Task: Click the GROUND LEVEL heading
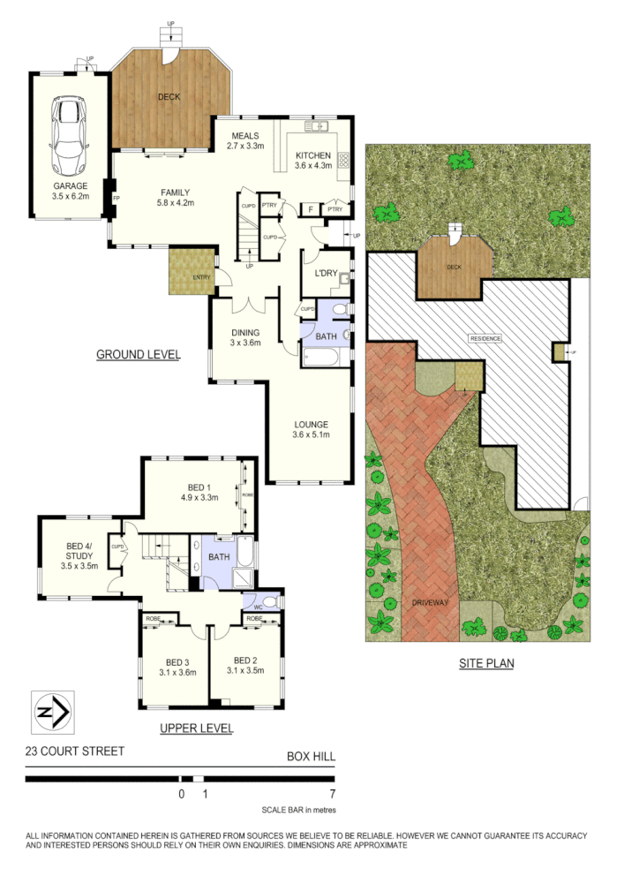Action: pos(138,355)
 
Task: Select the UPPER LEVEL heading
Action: pos(196,728)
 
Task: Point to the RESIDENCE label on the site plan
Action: pos(485,338)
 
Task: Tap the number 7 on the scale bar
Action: pos(331,794)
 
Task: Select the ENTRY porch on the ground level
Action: pos(192,272)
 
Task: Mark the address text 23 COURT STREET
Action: pos(75,751)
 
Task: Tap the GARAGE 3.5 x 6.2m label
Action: pos(70,192)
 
